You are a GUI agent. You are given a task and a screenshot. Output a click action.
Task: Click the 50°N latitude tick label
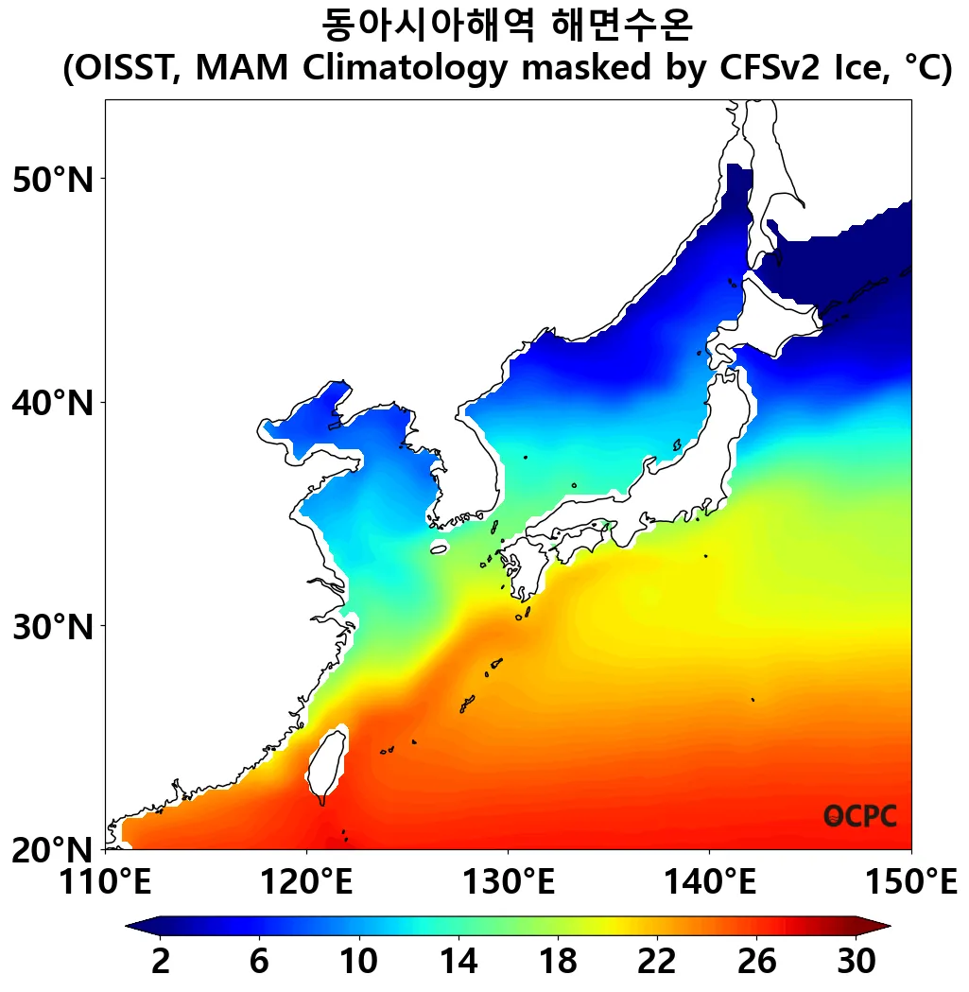[x=54, y=179]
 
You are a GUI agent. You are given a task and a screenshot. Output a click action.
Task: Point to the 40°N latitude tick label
[x=54, y=403]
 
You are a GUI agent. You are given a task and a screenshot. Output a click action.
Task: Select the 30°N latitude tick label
[x=54, y=625]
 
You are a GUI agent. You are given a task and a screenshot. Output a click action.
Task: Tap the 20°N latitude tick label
[x=54, y=849]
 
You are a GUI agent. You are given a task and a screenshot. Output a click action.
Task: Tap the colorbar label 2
[x=161, y=962]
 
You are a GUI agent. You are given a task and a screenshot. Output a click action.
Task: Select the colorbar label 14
[x=458, y=962]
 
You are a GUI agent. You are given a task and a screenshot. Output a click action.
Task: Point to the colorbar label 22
[x=656, y=962]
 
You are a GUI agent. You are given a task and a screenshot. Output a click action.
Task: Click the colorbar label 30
[x=855, y=962]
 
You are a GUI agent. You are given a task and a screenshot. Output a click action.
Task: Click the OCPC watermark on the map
[x=859, y=816]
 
